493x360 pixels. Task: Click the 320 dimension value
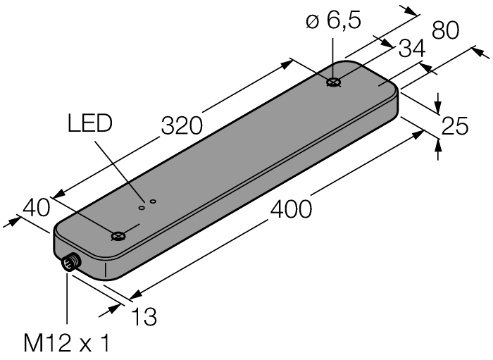point(182,125)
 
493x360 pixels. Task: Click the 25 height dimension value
point(454,126)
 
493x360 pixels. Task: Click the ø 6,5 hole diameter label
point(333,20)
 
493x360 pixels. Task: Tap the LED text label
point(89,125)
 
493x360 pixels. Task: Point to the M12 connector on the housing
point(69,264)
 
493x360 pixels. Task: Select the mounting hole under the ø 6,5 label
point(333,83)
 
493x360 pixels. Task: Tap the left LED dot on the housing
point(142,207)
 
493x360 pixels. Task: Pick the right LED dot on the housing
point(152,201)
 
